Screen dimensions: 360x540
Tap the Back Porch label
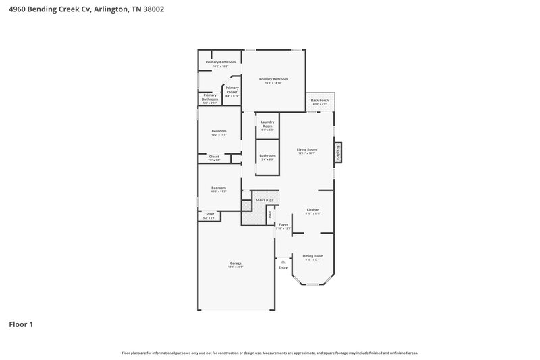coord(319,101)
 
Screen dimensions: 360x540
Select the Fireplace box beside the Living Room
coord(338,152)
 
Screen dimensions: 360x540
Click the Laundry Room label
coord(267,124)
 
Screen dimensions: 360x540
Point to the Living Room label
coord(307,149)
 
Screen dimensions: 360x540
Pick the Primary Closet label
coord(232,88)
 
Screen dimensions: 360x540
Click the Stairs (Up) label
coord(264,200)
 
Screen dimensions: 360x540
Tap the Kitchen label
coord(313,210)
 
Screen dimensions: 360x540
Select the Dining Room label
coord(313,255)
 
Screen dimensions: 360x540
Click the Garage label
coord(236,263)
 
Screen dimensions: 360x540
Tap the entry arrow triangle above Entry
coord(283,261)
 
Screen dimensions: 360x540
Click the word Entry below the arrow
coord(283,267)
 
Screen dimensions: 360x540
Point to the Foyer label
coord(283,224)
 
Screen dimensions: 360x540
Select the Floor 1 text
coord(21,324)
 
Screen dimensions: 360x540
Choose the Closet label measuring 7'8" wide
coord(213,157)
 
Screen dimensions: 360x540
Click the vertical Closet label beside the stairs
coord(270,215)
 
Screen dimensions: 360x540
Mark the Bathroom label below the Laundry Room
coord(267,155)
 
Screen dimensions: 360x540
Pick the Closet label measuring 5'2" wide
coord(209,214)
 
